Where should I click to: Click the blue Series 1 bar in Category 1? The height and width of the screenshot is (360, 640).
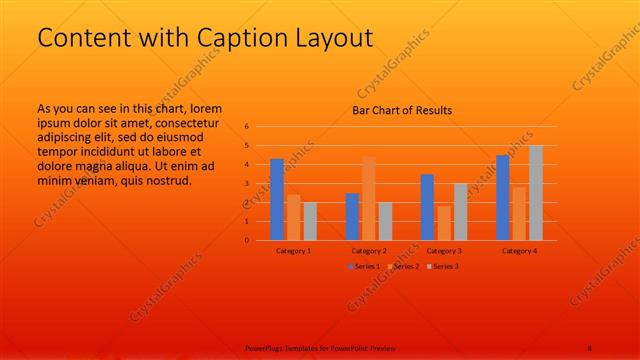point(277,199)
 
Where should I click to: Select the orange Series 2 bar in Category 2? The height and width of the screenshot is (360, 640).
point(369,198)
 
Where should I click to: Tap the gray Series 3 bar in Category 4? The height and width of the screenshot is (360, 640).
point(536,192)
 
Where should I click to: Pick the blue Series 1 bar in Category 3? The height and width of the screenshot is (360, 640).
point(427,207)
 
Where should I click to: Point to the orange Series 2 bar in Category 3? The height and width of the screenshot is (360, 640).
point(444,223)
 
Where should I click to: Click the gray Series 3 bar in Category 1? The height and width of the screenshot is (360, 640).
point(310,221)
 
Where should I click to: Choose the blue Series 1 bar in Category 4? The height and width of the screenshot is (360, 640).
point(503,197)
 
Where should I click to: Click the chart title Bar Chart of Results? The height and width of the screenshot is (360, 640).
point(402,110)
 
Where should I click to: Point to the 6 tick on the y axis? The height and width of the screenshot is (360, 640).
point(246,127)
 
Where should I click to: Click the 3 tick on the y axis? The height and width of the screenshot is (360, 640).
point(246,184)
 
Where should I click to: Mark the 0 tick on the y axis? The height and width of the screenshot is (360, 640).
point(246,240)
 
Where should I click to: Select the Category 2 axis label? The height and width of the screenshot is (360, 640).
point(368,250)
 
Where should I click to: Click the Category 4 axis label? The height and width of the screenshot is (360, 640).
point(520,250)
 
